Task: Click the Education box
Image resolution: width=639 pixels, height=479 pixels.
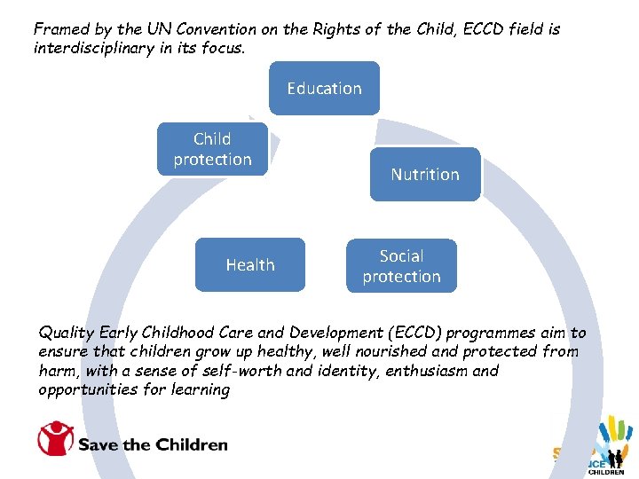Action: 324,89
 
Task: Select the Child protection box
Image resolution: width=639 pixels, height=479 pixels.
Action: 212,149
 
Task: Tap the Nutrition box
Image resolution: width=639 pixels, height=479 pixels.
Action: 424,175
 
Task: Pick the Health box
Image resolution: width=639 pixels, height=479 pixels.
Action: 249,264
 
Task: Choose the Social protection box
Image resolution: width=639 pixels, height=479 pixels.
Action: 401,266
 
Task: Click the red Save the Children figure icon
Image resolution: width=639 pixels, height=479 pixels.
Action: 54,439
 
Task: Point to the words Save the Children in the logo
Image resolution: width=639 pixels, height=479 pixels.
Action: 154,444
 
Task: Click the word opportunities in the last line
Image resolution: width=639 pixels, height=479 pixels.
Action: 88,389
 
